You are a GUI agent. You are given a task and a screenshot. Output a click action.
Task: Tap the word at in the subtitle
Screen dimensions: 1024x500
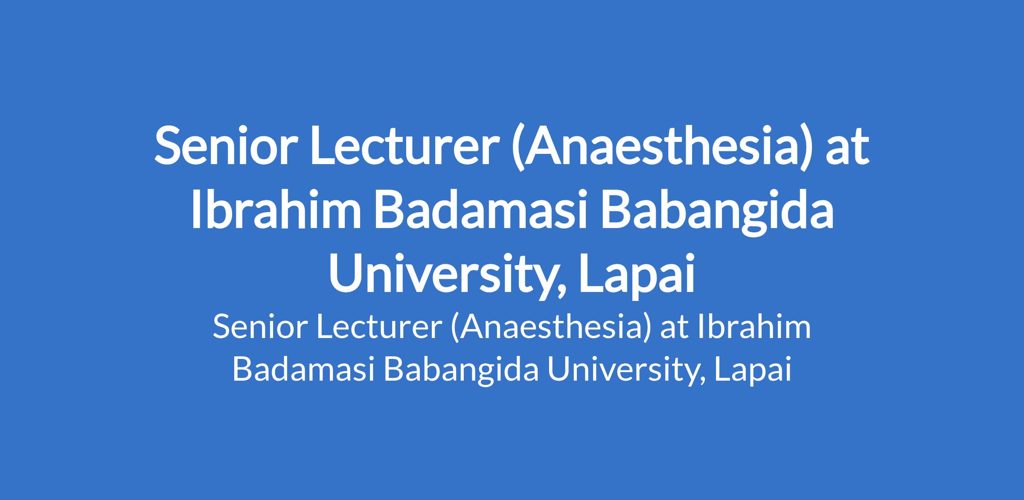pos(675,329)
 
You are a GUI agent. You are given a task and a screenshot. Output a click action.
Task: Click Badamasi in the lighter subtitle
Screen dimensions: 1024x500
pos(303,369)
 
